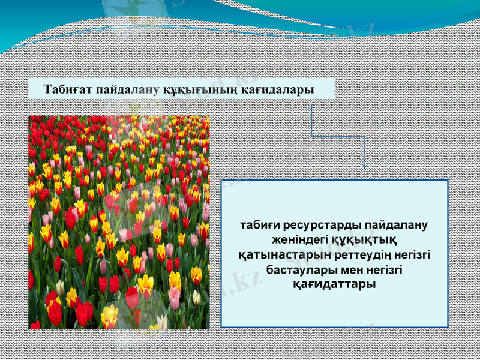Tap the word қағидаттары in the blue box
click(x=334, y=284)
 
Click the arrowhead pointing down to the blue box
click(x=365, y=166)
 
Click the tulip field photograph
click(x=119, y=222)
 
